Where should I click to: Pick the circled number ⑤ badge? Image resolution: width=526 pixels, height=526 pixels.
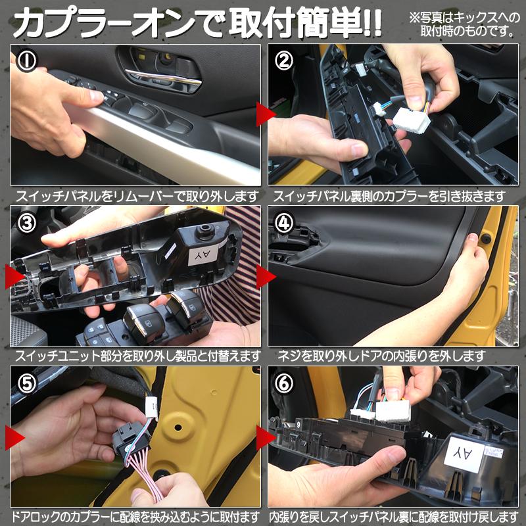click(27, 382)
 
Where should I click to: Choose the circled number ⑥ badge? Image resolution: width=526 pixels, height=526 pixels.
click(285, 382)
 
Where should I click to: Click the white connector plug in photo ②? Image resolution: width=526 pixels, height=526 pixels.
click(412, 120)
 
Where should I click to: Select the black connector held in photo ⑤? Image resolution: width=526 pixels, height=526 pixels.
click(129, 437)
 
